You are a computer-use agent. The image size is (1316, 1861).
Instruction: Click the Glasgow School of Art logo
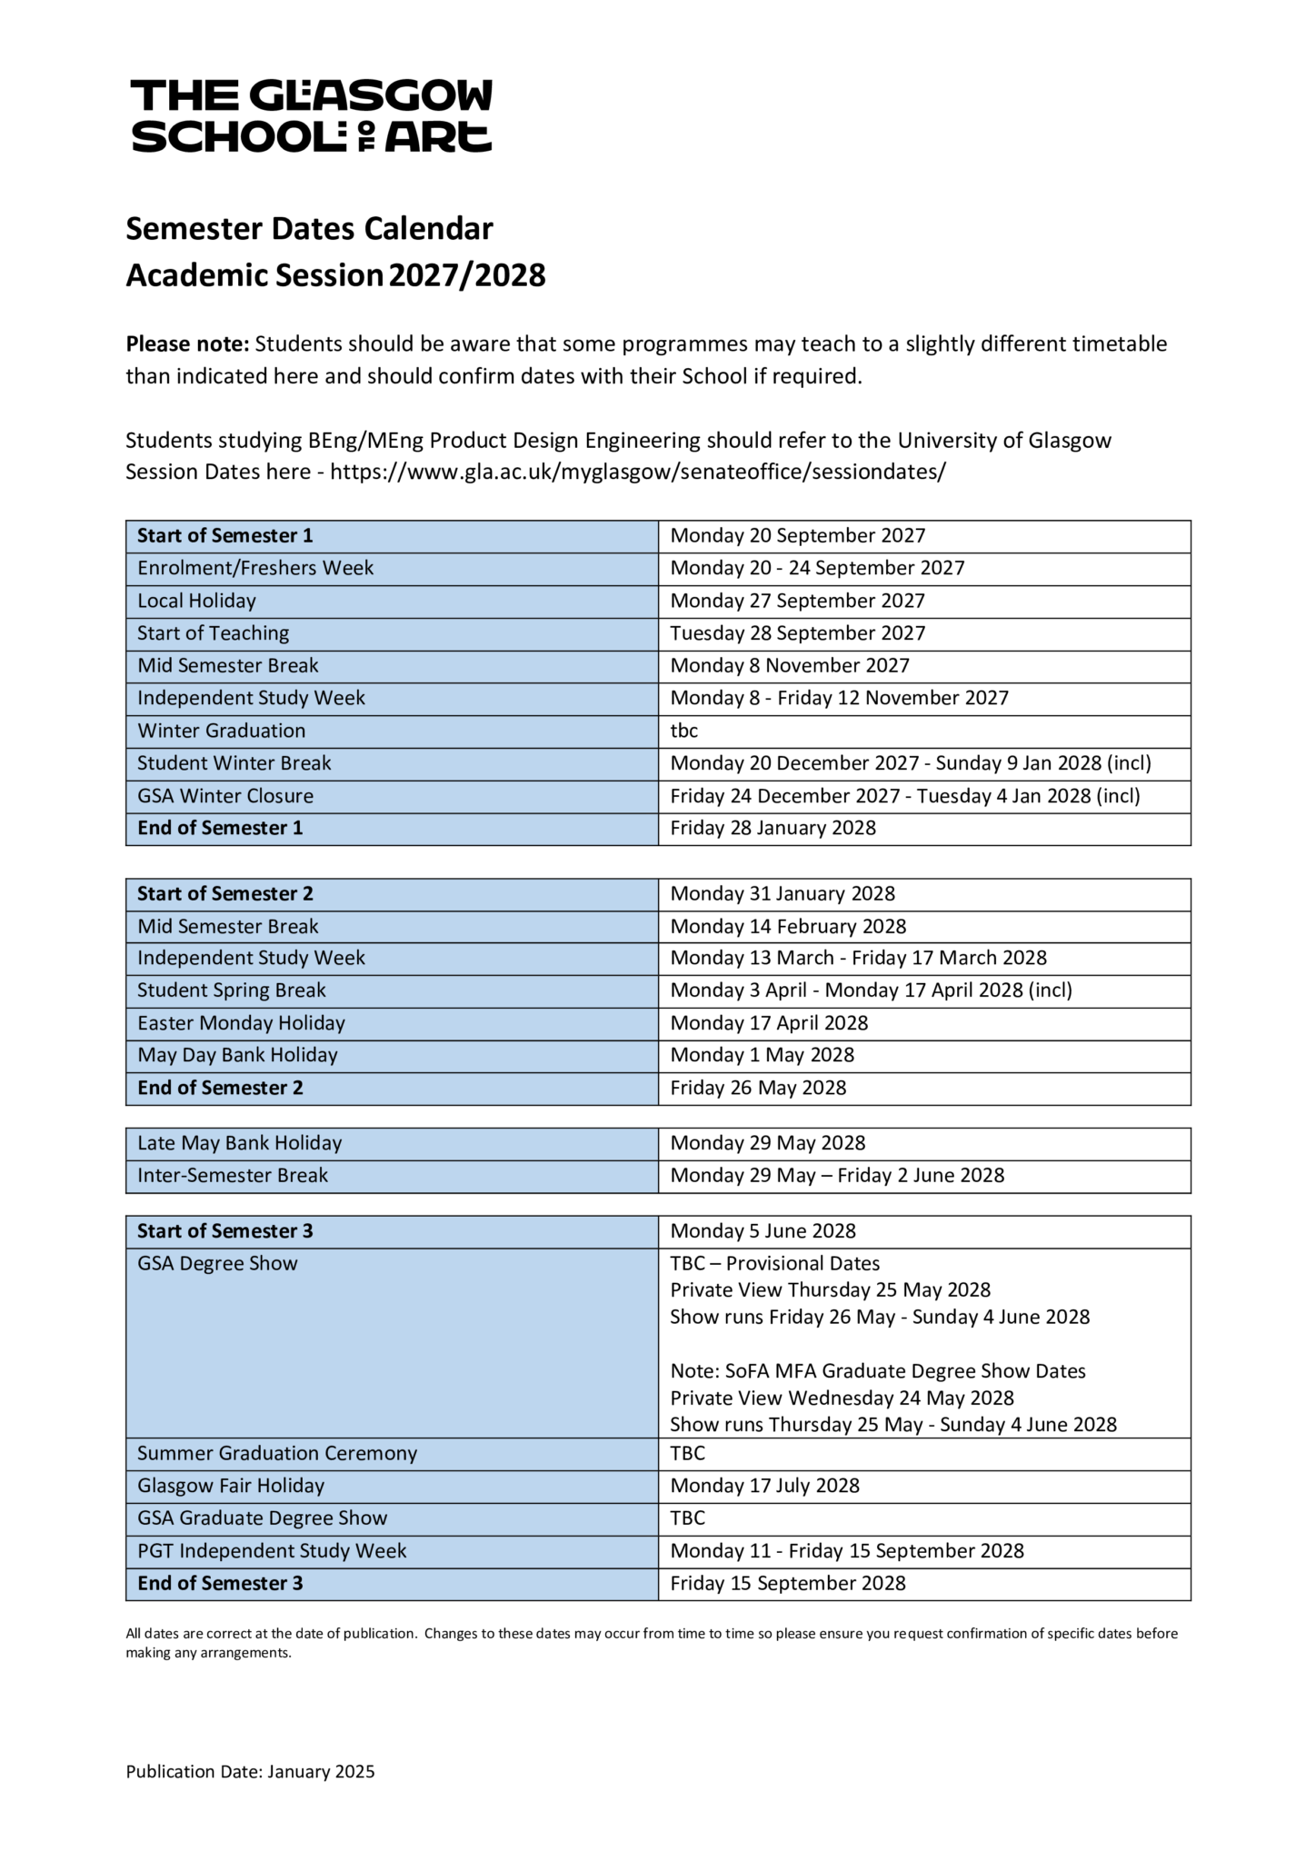(312, 115)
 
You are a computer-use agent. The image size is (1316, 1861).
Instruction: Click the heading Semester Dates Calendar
(309, 228)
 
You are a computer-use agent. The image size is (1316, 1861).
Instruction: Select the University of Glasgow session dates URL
(638, 473)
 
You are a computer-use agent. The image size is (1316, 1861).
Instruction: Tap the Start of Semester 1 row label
(224, 536)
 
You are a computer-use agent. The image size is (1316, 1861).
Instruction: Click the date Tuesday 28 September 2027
(797, 633)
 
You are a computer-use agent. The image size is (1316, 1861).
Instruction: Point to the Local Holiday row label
(196, 601)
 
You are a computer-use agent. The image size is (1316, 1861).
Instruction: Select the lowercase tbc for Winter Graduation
(683, 731)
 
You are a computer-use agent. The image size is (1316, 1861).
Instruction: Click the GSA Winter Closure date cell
(904, 796)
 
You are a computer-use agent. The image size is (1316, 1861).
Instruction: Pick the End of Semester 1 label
(220, 828)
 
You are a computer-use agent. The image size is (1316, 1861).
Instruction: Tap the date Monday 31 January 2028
(782, 894)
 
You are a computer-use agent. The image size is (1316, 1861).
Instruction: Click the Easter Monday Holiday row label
(241, 1023)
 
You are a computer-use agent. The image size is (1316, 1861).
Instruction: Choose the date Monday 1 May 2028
(762, 1055)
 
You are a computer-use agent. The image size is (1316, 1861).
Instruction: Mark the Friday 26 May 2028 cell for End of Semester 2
(758, 1088)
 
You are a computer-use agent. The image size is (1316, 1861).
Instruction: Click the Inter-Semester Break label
(232, 1176)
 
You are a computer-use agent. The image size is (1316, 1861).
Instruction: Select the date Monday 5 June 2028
(763, 1231)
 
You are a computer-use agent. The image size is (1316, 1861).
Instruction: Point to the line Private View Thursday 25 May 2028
(830, 1290)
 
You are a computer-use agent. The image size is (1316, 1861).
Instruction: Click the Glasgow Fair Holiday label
(230, 1486)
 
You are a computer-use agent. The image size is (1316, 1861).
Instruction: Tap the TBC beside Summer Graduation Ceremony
(687, 1453)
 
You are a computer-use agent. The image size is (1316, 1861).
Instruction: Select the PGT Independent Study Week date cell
(846, 1551)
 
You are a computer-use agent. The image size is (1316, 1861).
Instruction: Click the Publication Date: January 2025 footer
(250, 1772)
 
